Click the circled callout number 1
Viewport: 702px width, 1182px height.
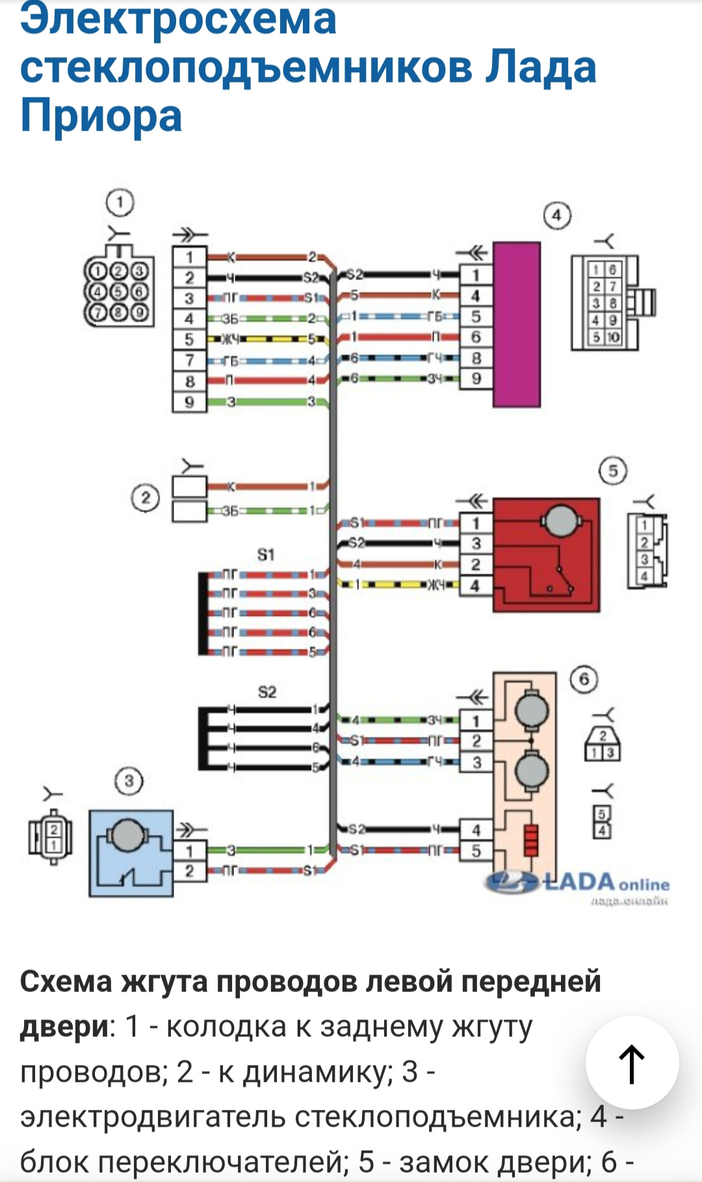tap(120, 203)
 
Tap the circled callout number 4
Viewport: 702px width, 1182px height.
tap(556, 216)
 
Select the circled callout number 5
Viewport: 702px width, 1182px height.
tap(613, 471)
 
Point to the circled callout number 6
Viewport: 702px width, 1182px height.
tap(584, 679)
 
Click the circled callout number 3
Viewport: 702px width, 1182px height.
tap(129, 781)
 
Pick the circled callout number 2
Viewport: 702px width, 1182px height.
tap(145, 499)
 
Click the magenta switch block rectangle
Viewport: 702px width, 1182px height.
tap(517, 324)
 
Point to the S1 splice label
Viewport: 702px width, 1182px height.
tap(266, 555)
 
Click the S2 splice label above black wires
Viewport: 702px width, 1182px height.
tap(267, 692)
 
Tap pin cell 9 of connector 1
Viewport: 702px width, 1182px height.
tap(189, 402)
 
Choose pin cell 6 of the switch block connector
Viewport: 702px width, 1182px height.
tap(476, 337)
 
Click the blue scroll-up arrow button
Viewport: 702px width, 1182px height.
tap(632, 1064)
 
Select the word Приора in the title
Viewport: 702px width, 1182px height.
tap(101, 116)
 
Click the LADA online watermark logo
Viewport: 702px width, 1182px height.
tap(577, 884)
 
